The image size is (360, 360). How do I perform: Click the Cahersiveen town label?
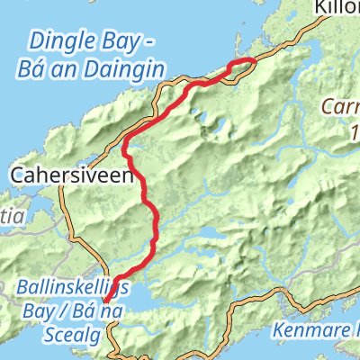(73, 176)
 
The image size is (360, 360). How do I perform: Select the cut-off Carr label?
(342, 108)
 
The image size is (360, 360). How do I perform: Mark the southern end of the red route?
(106, 300)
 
